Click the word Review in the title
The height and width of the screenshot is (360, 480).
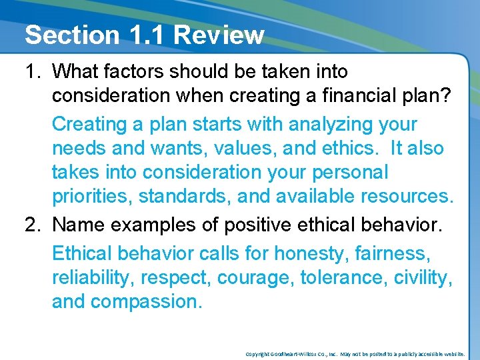pos(219,35)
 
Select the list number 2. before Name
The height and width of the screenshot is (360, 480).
pos(35,225)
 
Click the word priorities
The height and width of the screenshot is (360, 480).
pos(89,197)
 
